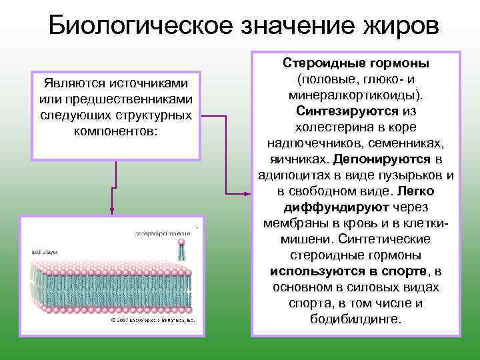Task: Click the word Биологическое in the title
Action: (137, 27)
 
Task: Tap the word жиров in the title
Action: (393, 27)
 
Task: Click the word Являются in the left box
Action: (72, 83)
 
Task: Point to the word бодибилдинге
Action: (355, 319)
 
